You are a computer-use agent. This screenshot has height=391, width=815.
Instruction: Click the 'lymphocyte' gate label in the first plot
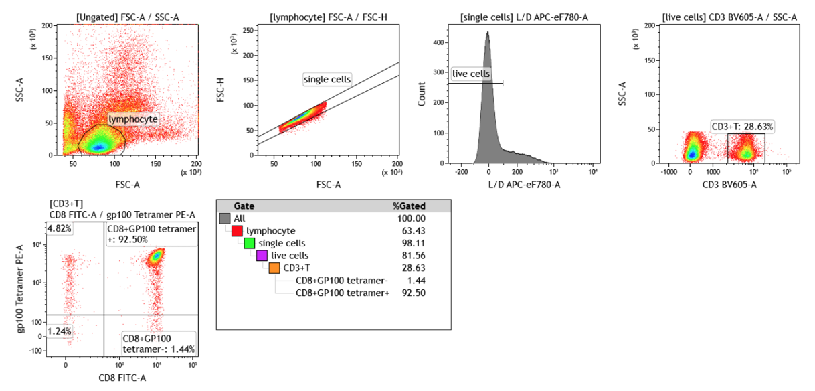[133, 119]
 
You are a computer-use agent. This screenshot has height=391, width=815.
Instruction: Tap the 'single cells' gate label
[327, 79]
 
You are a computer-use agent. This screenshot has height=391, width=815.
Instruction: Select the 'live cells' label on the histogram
[472, 74]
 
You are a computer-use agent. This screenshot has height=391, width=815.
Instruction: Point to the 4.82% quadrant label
[60, 228]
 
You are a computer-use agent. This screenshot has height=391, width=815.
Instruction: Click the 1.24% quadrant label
[60, 331]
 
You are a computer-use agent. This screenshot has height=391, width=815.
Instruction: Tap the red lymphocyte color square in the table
[237, 231]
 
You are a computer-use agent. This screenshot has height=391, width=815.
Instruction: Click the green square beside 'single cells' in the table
[250, 243]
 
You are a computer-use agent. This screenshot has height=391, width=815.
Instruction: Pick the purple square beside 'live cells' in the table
[262, 256]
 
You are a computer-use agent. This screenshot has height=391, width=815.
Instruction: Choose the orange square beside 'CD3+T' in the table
[274, 268]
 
